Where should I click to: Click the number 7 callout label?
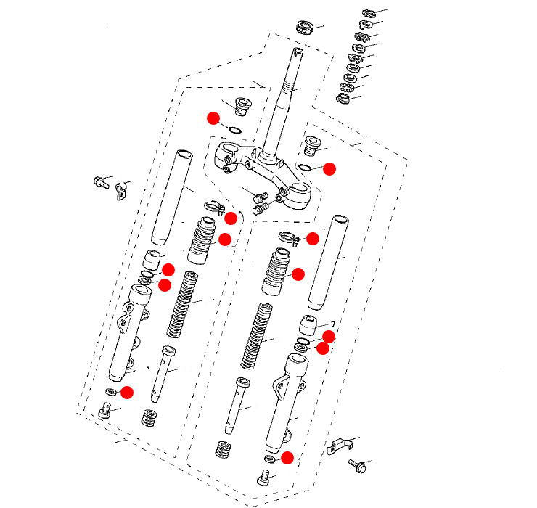tap(332, 324)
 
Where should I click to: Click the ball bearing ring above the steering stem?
tap(303, 28)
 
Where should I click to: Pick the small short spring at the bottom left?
tap(151, 419)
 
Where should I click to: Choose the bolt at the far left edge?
tap(100, 180)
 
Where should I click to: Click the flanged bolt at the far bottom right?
tap(358, 464)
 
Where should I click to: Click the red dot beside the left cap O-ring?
tap(213, 118)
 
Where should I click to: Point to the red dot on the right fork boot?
tap(298, 274)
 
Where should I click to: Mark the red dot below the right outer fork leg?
tap(287, 457)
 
